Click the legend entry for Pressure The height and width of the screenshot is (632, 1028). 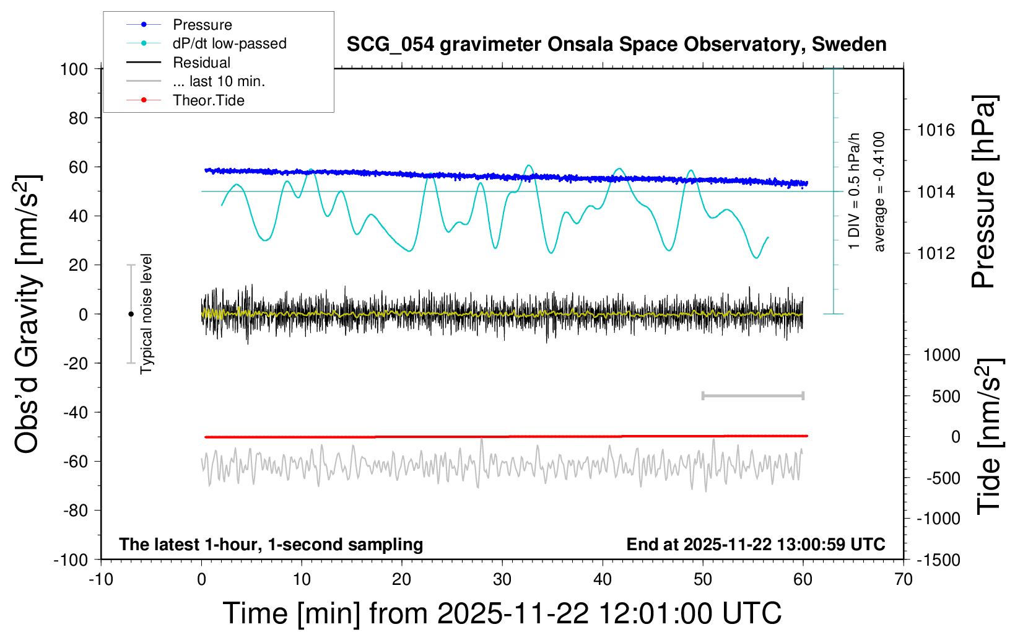click(202, 25)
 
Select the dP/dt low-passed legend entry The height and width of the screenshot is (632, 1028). click(229, 43)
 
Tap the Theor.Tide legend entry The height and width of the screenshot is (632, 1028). click(208, 100)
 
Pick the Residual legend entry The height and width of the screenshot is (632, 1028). click(201, 63)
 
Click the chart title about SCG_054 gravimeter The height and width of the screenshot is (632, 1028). click(616, 45)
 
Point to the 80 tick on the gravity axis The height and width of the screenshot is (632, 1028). click(78, 118)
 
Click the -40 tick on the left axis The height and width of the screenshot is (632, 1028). click(76, 412)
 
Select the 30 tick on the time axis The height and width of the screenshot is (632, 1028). click(502, 580)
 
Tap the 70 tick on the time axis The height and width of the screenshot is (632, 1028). click(904, 580)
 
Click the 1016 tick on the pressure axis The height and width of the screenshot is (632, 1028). click(936, 130)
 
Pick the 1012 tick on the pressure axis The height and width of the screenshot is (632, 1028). click(936, 253)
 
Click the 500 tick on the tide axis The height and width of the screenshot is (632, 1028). click(946, 397)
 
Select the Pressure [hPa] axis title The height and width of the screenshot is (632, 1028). click(983, 191)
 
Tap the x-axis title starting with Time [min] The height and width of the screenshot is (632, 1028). click(502, 613)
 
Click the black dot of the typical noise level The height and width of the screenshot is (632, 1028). click(131, 314)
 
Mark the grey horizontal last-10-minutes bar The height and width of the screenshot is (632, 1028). click(752, 396)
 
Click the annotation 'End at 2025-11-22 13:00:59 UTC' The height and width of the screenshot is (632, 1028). click(756, 545)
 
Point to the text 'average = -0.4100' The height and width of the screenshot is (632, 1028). click(879, 191)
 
